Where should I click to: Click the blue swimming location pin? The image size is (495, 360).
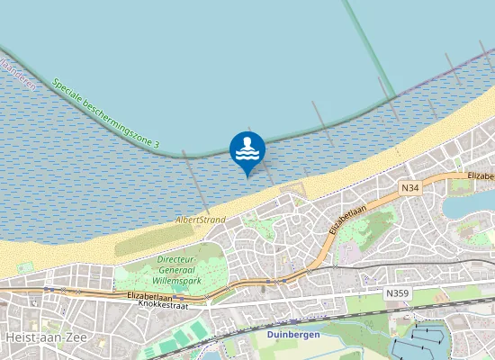click(247, 150)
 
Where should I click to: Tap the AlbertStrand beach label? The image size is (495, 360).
click(201, 219)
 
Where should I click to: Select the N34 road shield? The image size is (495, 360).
click(410, 187)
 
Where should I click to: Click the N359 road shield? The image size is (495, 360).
click(396, 293)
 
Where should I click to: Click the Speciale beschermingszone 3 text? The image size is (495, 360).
click(105, 114)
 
